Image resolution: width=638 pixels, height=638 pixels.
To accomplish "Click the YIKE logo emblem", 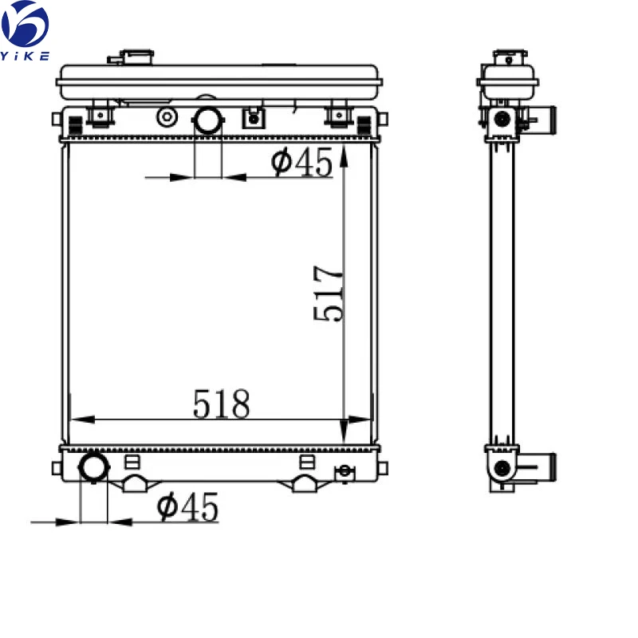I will tap(26, 24).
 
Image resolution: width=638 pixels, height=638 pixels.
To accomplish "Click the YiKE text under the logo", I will tap(26, 55).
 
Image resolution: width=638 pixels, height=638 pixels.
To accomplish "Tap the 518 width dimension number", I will tap(221, 404).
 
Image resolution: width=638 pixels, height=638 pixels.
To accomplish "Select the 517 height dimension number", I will tap(328, 293).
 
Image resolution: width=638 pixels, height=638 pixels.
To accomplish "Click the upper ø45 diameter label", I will tap(301, 163).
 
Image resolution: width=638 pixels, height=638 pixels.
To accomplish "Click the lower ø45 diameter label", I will tap(188, 507).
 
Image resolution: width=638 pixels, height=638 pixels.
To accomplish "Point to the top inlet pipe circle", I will tap(208, 120).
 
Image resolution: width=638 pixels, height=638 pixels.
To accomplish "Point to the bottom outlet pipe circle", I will tap(93, 466).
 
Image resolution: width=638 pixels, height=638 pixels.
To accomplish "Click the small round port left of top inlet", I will tap(167, 118).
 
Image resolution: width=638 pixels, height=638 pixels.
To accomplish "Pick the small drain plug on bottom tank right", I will tap(345, 471).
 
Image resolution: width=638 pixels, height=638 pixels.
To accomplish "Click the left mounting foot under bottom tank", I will tap(136, 483).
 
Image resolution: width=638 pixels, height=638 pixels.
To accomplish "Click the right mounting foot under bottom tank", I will tap(304, 483).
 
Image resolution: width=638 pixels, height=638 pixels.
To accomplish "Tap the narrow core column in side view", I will tap(502, 295).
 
